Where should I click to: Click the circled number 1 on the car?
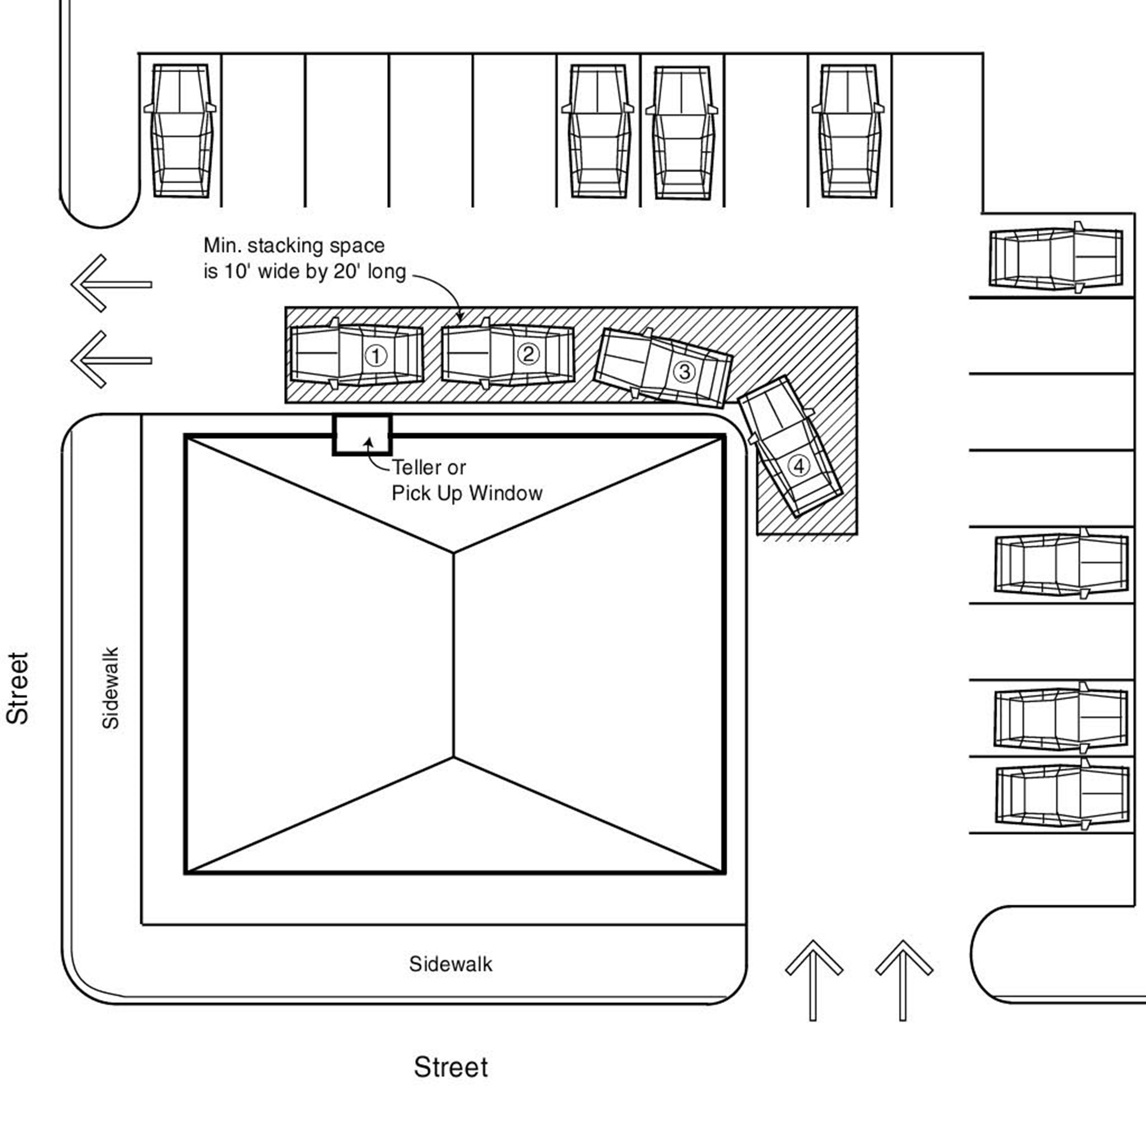(375, 356)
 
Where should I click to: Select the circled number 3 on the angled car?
(685, 372)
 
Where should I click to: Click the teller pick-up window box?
(362, 435)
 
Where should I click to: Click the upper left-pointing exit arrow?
(111, 283)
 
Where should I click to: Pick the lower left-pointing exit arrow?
(111, 359)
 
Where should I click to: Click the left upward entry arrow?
(813, 979)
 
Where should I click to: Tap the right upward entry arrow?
(903, 979)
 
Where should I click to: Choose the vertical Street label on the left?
(18, 688)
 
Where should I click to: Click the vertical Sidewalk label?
(111, 688)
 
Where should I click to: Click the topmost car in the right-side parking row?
(1056, 259)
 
